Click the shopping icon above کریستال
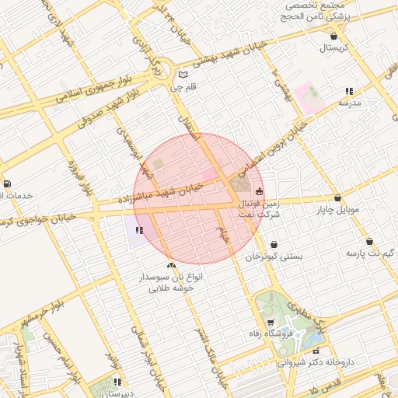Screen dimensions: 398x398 (x=334, y=36)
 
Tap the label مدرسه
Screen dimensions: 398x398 (x=349, y=102)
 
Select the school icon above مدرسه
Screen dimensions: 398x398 (x=349, y=91)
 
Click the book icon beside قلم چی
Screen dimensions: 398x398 (x=183, y=75)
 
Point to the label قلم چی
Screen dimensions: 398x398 (x=183, y=87)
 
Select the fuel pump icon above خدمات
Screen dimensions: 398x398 (x=6, y=183)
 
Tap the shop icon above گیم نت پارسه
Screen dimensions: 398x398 (x=369, y=241)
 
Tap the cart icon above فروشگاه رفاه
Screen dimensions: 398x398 (x=270, y=323)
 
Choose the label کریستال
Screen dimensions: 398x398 (x=334, y=48)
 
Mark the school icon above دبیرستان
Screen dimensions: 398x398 (x=117, y=382)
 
